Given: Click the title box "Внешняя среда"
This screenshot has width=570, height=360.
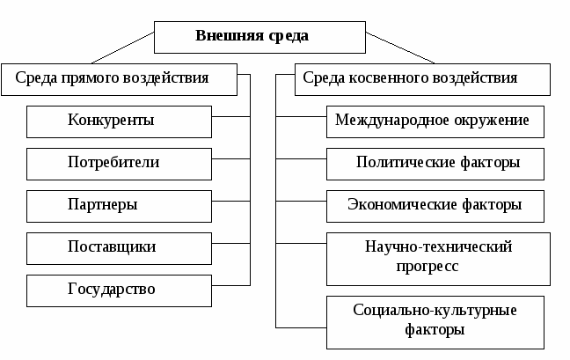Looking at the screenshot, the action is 259,37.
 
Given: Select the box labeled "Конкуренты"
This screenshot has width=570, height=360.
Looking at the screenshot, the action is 119,121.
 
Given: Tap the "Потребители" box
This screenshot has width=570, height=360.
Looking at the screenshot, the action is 119,164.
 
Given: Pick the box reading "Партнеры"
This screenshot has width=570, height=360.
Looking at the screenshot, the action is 119,206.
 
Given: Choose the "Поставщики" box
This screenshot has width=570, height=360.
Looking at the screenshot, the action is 119,248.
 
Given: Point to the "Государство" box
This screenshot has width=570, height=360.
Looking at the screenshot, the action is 119,290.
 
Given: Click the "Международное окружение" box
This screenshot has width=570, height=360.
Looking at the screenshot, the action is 435,121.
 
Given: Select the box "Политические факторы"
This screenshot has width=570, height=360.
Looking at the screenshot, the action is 435,164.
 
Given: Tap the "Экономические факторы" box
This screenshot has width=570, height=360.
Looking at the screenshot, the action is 435,206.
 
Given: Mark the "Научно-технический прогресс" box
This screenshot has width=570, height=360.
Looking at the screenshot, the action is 438,259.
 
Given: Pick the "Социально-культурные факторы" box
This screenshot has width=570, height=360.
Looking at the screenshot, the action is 435,322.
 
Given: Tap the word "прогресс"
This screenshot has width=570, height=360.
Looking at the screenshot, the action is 427,267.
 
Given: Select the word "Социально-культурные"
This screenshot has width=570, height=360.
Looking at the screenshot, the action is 435,310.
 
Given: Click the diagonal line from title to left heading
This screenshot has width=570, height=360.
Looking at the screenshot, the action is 122,48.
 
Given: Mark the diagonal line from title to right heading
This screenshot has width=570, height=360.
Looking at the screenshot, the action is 400,48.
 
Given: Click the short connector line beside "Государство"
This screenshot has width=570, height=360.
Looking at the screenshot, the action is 230,285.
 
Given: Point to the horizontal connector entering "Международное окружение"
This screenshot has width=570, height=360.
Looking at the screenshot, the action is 301,116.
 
